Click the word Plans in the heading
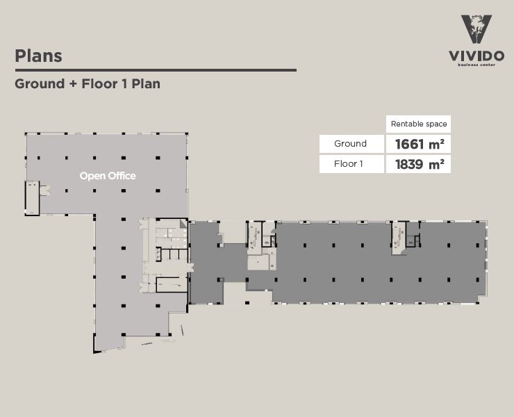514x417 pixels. [x=38, y=56]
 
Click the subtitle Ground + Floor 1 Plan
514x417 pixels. [x=88, y=84]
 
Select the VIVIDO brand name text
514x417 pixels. [x=476, y=56]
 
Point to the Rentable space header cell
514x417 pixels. [x=419, y=124]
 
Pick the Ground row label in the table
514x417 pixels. [x=351, y=144]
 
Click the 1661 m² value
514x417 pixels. [x=419, y=145]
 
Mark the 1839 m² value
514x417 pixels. [x=419, y=165]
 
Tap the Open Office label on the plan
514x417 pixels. [x=108, y=176]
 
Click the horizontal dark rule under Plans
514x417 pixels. [x=156, y=70]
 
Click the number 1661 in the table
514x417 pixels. [x=409, y=145]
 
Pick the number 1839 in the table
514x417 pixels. [x=409, y=165]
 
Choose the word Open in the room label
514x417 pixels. [x=92, y=176]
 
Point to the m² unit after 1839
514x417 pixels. [x=437, y=165]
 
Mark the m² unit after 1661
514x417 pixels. [x=437, y=145]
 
